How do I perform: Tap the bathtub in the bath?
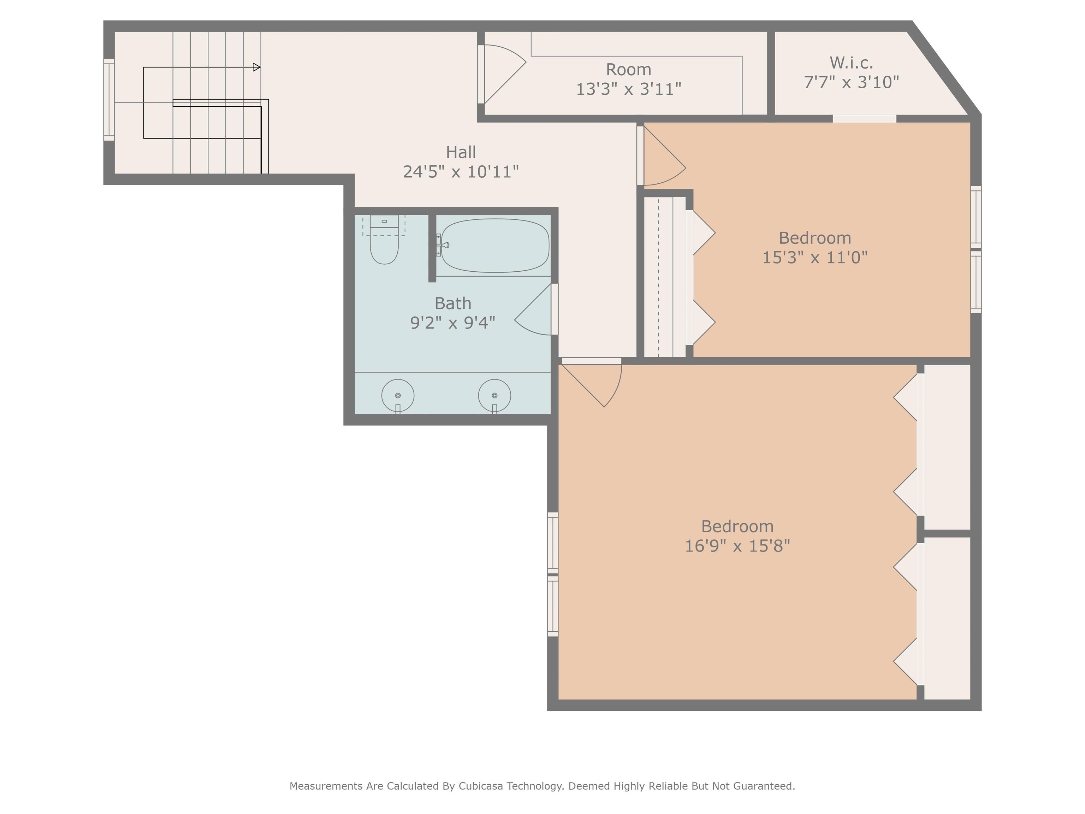tap(495, 245)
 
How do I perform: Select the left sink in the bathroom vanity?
tap(398, 395)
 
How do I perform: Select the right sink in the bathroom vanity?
tap(494, 395)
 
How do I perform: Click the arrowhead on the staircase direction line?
tap(256, 67)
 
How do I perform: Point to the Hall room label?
tap(461, 152)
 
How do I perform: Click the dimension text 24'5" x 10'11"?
tap(461, 172)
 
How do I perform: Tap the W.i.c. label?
tap(851, 63)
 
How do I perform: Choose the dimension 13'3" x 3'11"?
tap(628, 89)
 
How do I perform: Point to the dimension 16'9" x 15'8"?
tap(737, 545)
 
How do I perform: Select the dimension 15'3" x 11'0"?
tap(815, 257)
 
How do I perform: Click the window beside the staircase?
tap(109, 100)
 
